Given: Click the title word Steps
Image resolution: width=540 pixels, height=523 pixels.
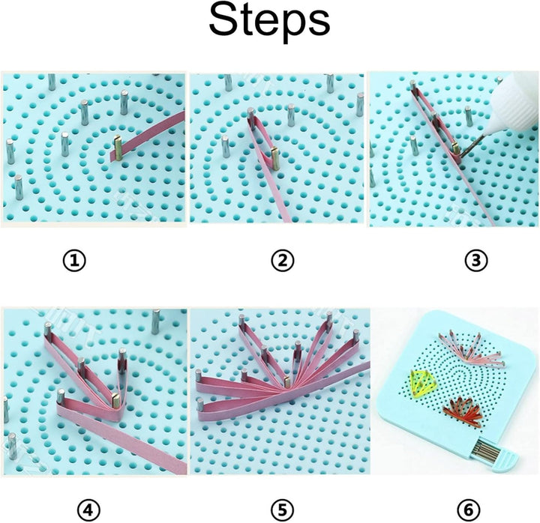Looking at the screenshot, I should point(269,22).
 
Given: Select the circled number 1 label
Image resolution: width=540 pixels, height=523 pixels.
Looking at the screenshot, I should point(75,261).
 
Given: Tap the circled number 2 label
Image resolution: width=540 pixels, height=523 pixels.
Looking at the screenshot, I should point(282,261).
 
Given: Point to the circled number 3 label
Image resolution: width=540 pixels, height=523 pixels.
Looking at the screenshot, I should point(475,261).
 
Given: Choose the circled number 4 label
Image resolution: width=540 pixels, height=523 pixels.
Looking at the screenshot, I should point(88,510).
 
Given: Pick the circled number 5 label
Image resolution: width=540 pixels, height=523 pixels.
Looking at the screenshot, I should point(282,510).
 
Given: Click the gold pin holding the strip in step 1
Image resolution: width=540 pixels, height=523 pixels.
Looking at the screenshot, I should point(117,148).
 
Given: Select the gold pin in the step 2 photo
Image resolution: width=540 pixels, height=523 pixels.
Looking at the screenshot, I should point(274,157).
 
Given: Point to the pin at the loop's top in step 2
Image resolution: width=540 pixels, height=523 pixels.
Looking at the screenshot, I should point(250,115).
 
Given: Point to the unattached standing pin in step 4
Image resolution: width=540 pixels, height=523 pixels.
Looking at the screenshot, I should point(155,321).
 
